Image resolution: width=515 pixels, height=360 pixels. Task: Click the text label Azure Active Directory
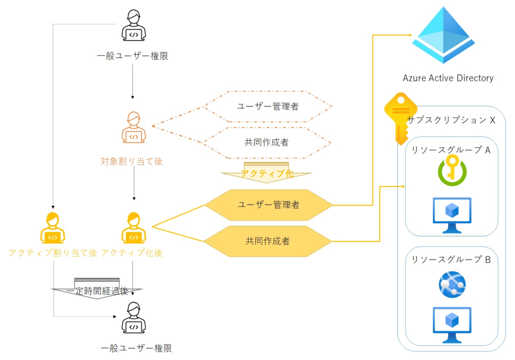[448, 78]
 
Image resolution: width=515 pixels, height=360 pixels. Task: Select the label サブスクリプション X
[451, 120]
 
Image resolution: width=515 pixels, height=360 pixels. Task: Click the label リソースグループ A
[451, 150]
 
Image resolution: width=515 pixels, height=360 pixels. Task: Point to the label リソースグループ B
[451, 259]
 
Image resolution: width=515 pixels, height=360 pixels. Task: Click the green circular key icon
[452, 171]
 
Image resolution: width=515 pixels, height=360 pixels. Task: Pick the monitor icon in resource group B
[452, 324]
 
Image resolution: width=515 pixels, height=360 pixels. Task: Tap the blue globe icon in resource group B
[452, 285]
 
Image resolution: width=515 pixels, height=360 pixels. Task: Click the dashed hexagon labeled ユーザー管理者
[268, 107]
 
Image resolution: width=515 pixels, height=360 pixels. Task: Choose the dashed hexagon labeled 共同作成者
[267, 143]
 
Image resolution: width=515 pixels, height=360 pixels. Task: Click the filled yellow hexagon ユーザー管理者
[268, 205]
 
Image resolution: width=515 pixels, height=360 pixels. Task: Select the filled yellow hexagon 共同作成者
[267, 241]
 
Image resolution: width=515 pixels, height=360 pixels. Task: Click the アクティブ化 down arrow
[266, 173]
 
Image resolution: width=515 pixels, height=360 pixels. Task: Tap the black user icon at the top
[133, 25]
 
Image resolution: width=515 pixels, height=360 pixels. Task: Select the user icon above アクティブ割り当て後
[53, 228]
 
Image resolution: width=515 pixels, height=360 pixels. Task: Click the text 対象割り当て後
[131, 161]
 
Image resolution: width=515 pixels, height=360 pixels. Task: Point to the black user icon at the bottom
[133, 318]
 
